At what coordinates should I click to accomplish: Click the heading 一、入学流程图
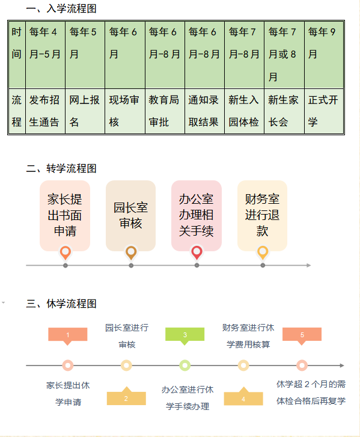click(x=61, y=8)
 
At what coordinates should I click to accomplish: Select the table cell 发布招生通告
click(x=46, y=111)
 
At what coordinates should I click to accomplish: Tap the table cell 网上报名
click(x=85, y=111)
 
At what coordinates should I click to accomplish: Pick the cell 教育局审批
click(x=165, y=111)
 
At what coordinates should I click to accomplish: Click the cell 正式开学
click(x=324, y=111)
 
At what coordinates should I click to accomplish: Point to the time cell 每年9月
click(x=324, y=55)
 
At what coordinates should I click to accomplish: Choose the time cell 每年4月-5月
click(x=46, y=55)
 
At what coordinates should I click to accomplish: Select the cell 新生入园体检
click(x=244, y=111)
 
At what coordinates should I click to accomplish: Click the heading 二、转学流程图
click(x=61, y=168)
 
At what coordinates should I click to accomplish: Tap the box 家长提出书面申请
click(x=65, y=215)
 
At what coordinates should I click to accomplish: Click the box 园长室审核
click(x=130, y=215)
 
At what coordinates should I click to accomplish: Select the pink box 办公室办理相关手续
click(x=197, y=215)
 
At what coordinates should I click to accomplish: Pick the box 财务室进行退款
click(x=262, y=215)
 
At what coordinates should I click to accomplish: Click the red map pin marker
click(x=197, y=252)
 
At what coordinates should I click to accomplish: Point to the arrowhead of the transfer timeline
click(x=309, y=265)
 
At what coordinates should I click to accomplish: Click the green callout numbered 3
click(x=185, y=335)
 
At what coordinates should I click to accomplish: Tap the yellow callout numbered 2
click(x=126, y=397)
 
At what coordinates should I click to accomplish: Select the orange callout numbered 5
click(x=302, y=335)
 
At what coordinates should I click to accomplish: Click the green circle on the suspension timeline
click(x=185, y=365)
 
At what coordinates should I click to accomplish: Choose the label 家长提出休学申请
click(x=68, y=394)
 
